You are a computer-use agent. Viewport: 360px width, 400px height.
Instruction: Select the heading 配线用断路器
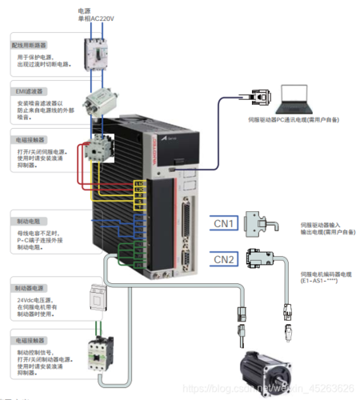tap(30, 46)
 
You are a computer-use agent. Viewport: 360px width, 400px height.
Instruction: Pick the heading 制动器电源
tap(28, 286)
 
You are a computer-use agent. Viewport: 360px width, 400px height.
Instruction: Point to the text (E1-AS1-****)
tap(318, 282)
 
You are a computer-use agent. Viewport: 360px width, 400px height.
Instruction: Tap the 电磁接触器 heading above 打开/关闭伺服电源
tap(28, 138)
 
